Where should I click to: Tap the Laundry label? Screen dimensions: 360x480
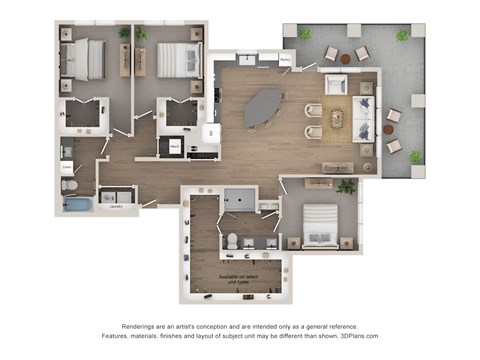(x=116, y=207)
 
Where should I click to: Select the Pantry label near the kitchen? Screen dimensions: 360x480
(x=285, y=60)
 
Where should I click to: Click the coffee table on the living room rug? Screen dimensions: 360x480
(x=338, y=119)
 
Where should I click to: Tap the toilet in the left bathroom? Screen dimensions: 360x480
(x=69, y=185)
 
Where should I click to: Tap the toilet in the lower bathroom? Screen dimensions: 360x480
(x=231, y=240)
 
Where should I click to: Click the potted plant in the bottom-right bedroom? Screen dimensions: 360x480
(x=347, y=186)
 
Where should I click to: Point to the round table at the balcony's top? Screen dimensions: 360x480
(x=346, y=59)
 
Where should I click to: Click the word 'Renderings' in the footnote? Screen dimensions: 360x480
(x=143, y=327)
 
